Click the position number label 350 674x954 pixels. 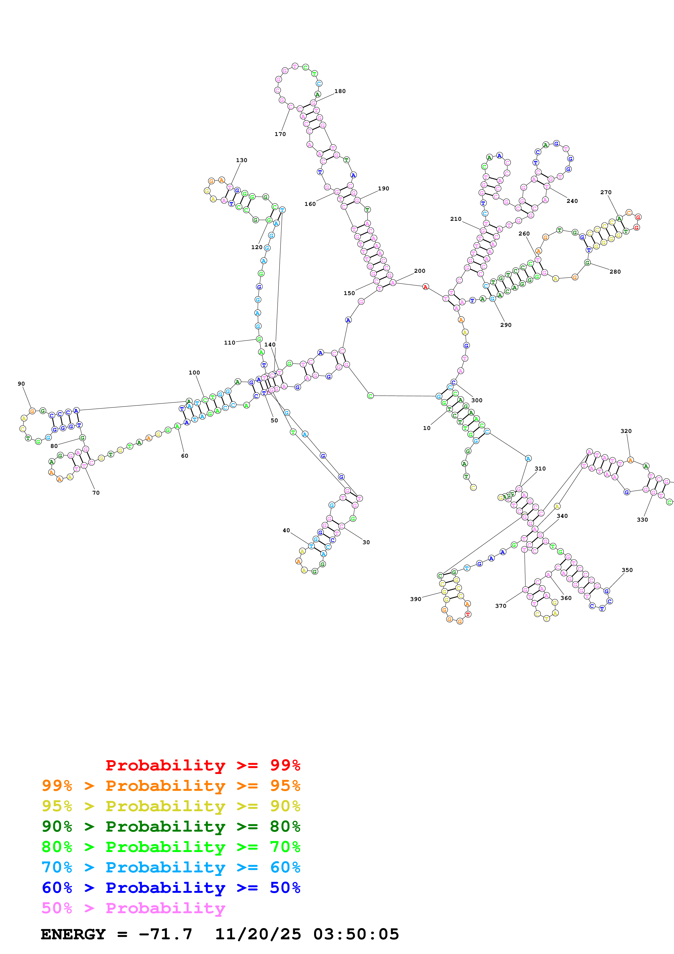627,570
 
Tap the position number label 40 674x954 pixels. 286,531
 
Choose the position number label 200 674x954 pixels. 420,271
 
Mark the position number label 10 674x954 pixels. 427,428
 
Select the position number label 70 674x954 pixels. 96,493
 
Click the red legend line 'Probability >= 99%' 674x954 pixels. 203,765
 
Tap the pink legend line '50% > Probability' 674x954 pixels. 133,908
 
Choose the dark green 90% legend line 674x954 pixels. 171,826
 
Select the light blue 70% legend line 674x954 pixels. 171,867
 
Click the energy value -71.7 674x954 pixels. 165,934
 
